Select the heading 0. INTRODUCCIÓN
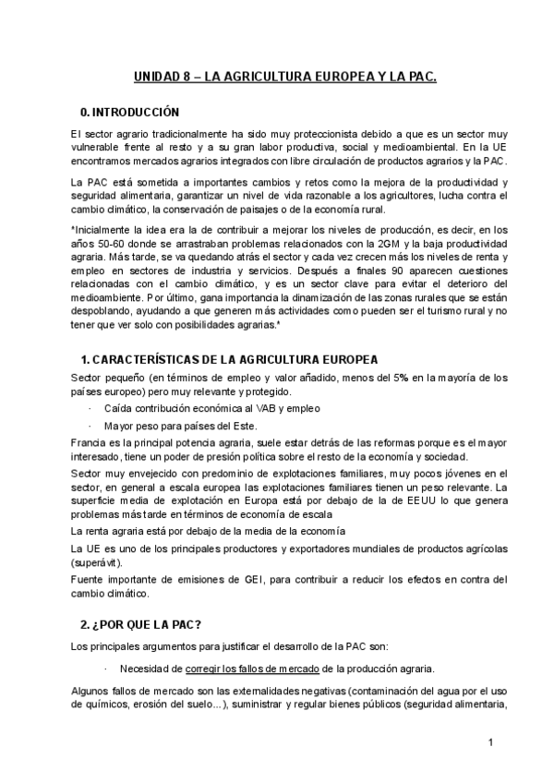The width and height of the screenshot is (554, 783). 130,113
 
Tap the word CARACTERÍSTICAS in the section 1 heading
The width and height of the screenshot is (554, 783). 156,359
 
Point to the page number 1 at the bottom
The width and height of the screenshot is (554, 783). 491,741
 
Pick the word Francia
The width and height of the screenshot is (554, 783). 89,442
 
